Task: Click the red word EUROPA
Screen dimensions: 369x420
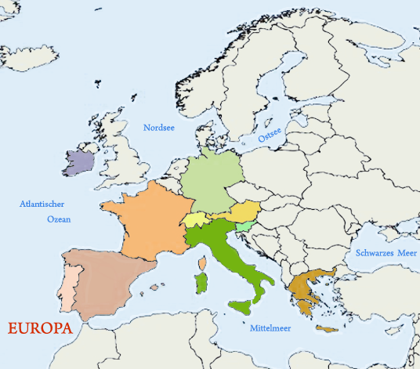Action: point(40,328)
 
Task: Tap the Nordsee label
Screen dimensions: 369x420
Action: point(161,127)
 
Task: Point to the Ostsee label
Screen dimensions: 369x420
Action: point(270,136)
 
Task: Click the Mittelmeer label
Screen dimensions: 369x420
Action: point(270,328)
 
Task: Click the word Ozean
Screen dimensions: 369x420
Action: point(58,219)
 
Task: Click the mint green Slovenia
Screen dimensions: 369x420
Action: point(244,226)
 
